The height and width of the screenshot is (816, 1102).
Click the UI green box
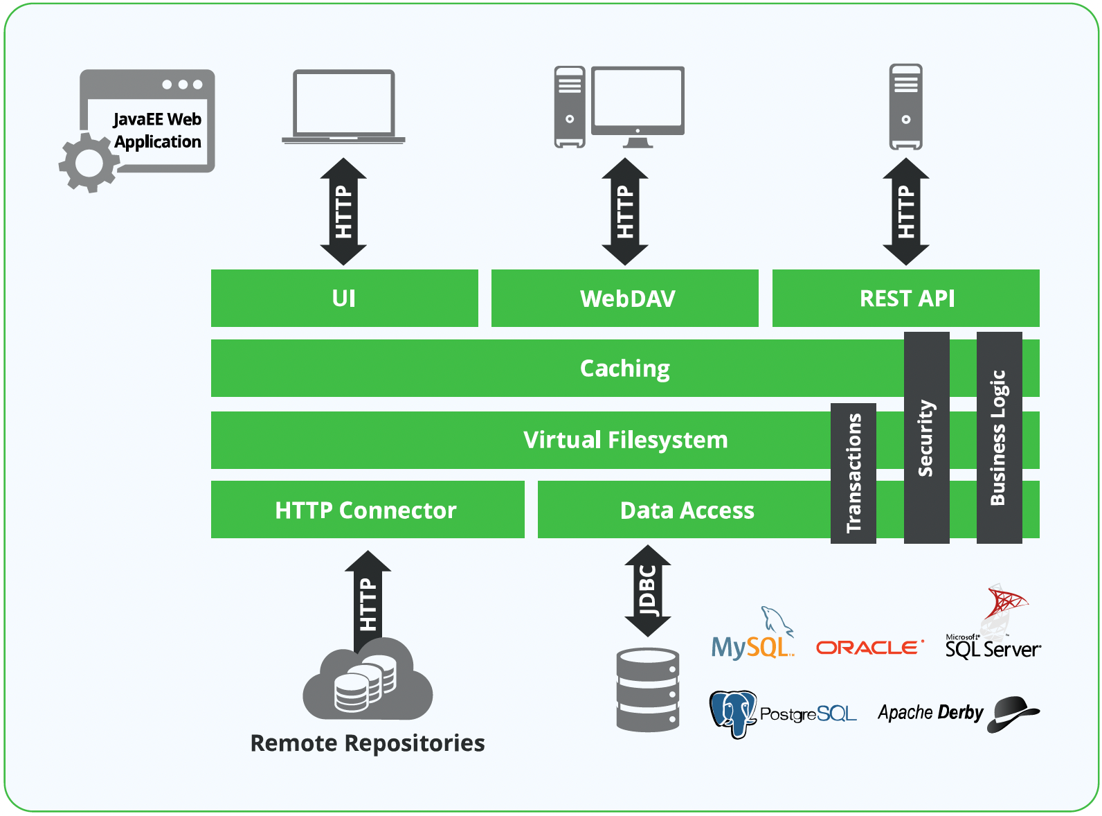(344, 298)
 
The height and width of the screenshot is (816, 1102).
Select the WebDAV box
(624, 298)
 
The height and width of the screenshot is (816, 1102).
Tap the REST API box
(905, 298)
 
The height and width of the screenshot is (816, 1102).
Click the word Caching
(624, 369)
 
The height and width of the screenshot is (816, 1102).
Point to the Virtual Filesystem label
(624, 440)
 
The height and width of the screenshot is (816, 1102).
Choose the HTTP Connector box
(367, 510)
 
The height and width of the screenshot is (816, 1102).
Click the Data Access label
(687, 511)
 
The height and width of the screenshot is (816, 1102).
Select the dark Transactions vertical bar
(853, 473)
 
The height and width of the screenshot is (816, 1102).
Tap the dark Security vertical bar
(926, 437)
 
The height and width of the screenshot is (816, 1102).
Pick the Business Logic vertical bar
(999, 437)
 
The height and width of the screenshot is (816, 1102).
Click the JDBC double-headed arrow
(648, 591)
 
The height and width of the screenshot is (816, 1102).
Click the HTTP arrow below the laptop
(343, 211)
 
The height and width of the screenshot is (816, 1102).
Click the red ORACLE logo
(869, 647)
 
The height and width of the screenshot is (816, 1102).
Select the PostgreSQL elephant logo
(733, 713)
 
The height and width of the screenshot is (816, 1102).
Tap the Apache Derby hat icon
(1013, 713)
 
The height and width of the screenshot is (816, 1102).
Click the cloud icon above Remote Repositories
(368, 682)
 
